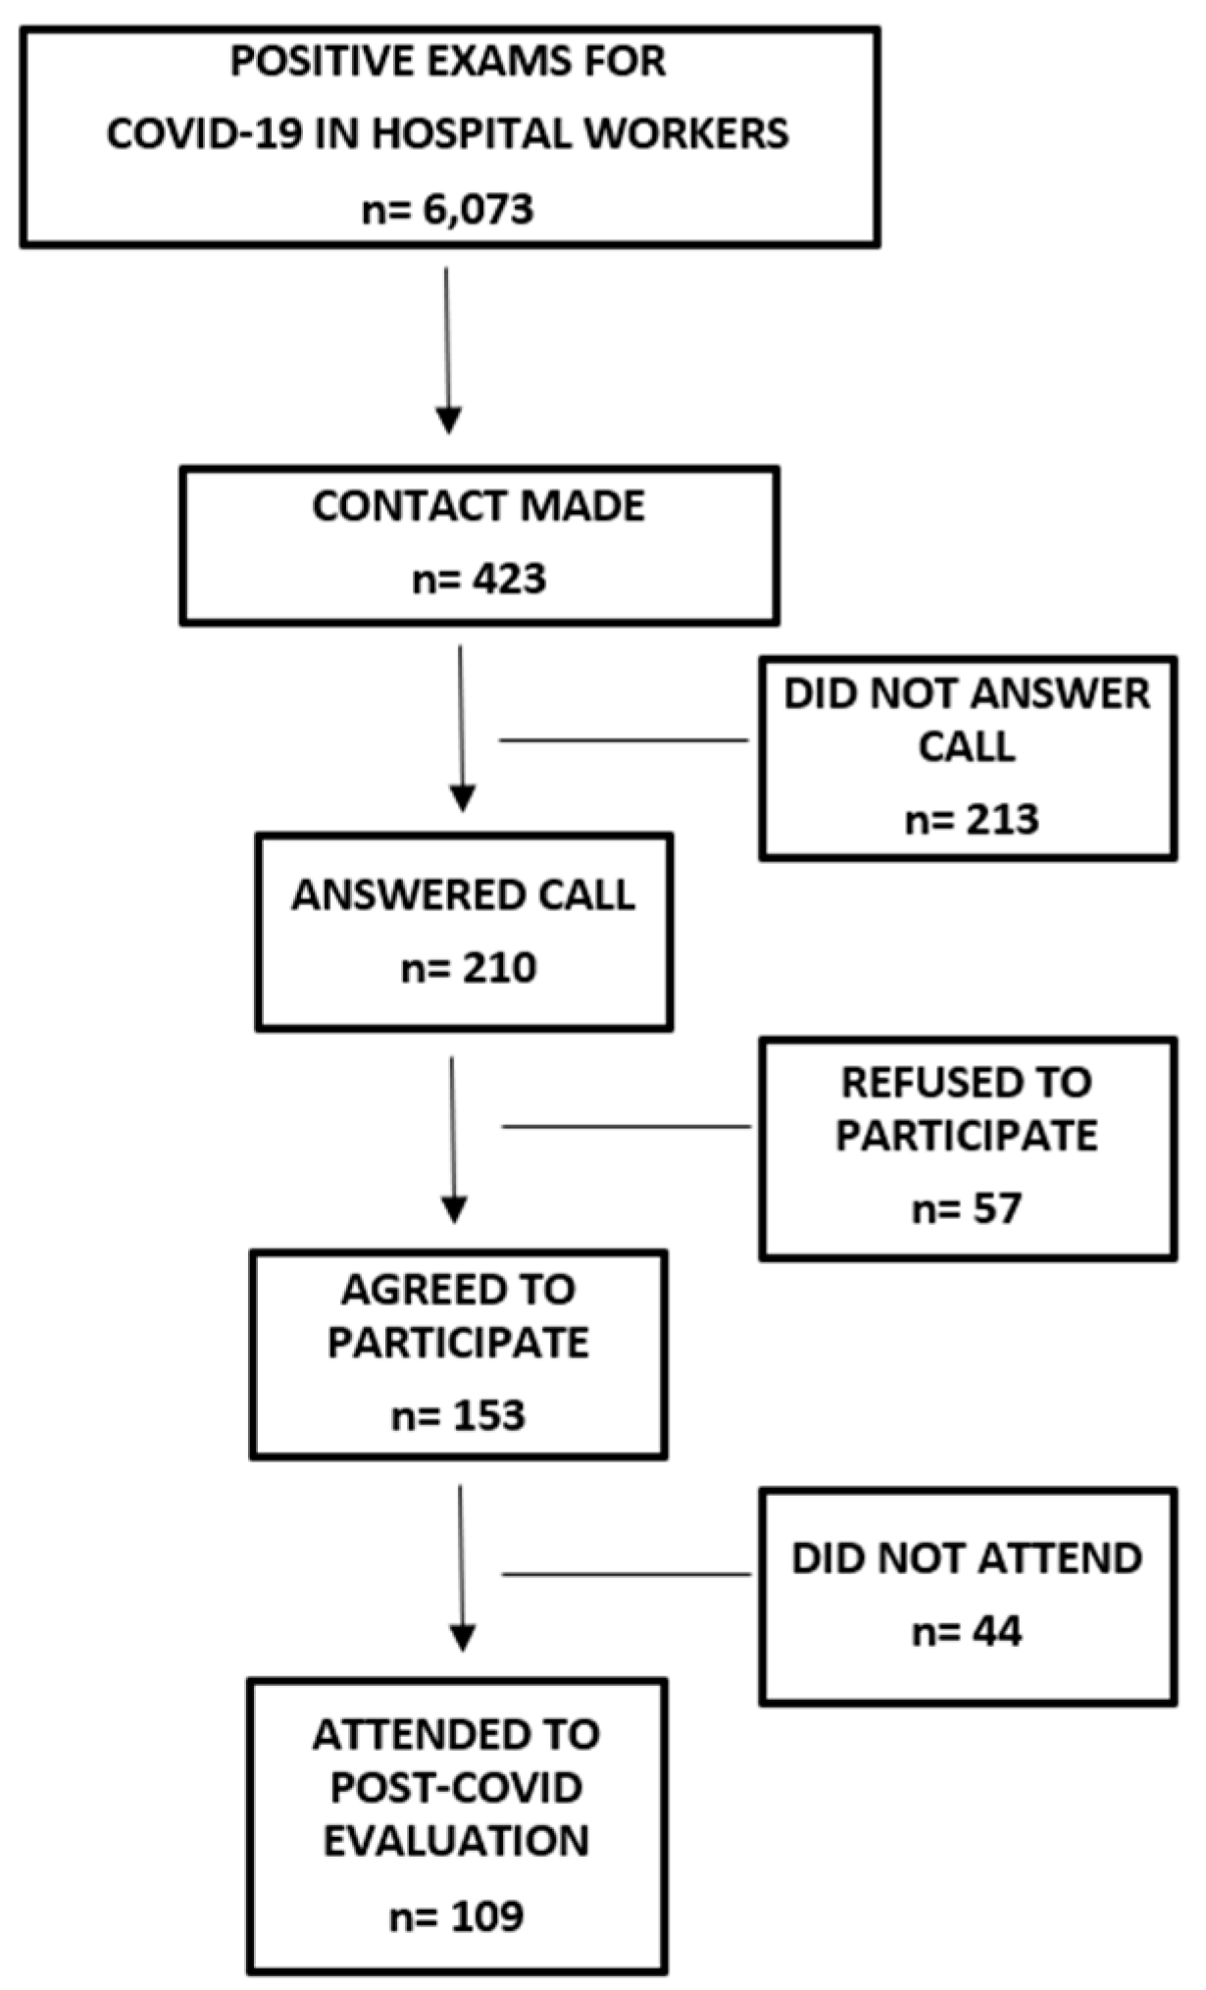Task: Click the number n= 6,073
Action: tap(448, 210)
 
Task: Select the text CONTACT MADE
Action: tap(478, 506)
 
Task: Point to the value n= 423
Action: tap(478, 579)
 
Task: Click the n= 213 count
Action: tap(972, 820)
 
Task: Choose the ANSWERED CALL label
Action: tap(463, 895)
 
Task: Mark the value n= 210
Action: tap(469, 969)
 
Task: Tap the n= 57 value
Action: tap(967, 1208)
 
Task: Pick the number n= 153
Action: tap(458, 1416)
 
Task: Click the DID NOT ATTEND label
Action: tap(967, 1558)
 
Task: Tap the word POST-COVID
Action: tap(456, 1788)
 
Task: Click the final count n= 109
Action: tap(456, 1915)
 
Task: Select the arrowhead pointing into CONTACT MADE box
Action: tap(448, 420)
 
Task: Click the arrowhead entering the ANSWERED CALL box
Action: tap(463, 797)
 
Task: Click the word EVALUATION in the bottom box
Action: tap(456, 1841)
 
